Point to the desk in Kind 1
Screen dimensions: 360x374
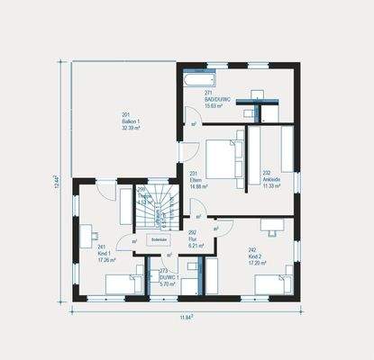tap(87, 237)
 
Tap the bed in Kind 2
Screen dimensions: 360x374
tap(272, 284)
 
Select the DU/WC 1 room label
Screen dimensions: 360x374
tap(169, 276)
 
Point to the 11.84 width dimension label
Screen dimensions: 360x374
tap(186, 317)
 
